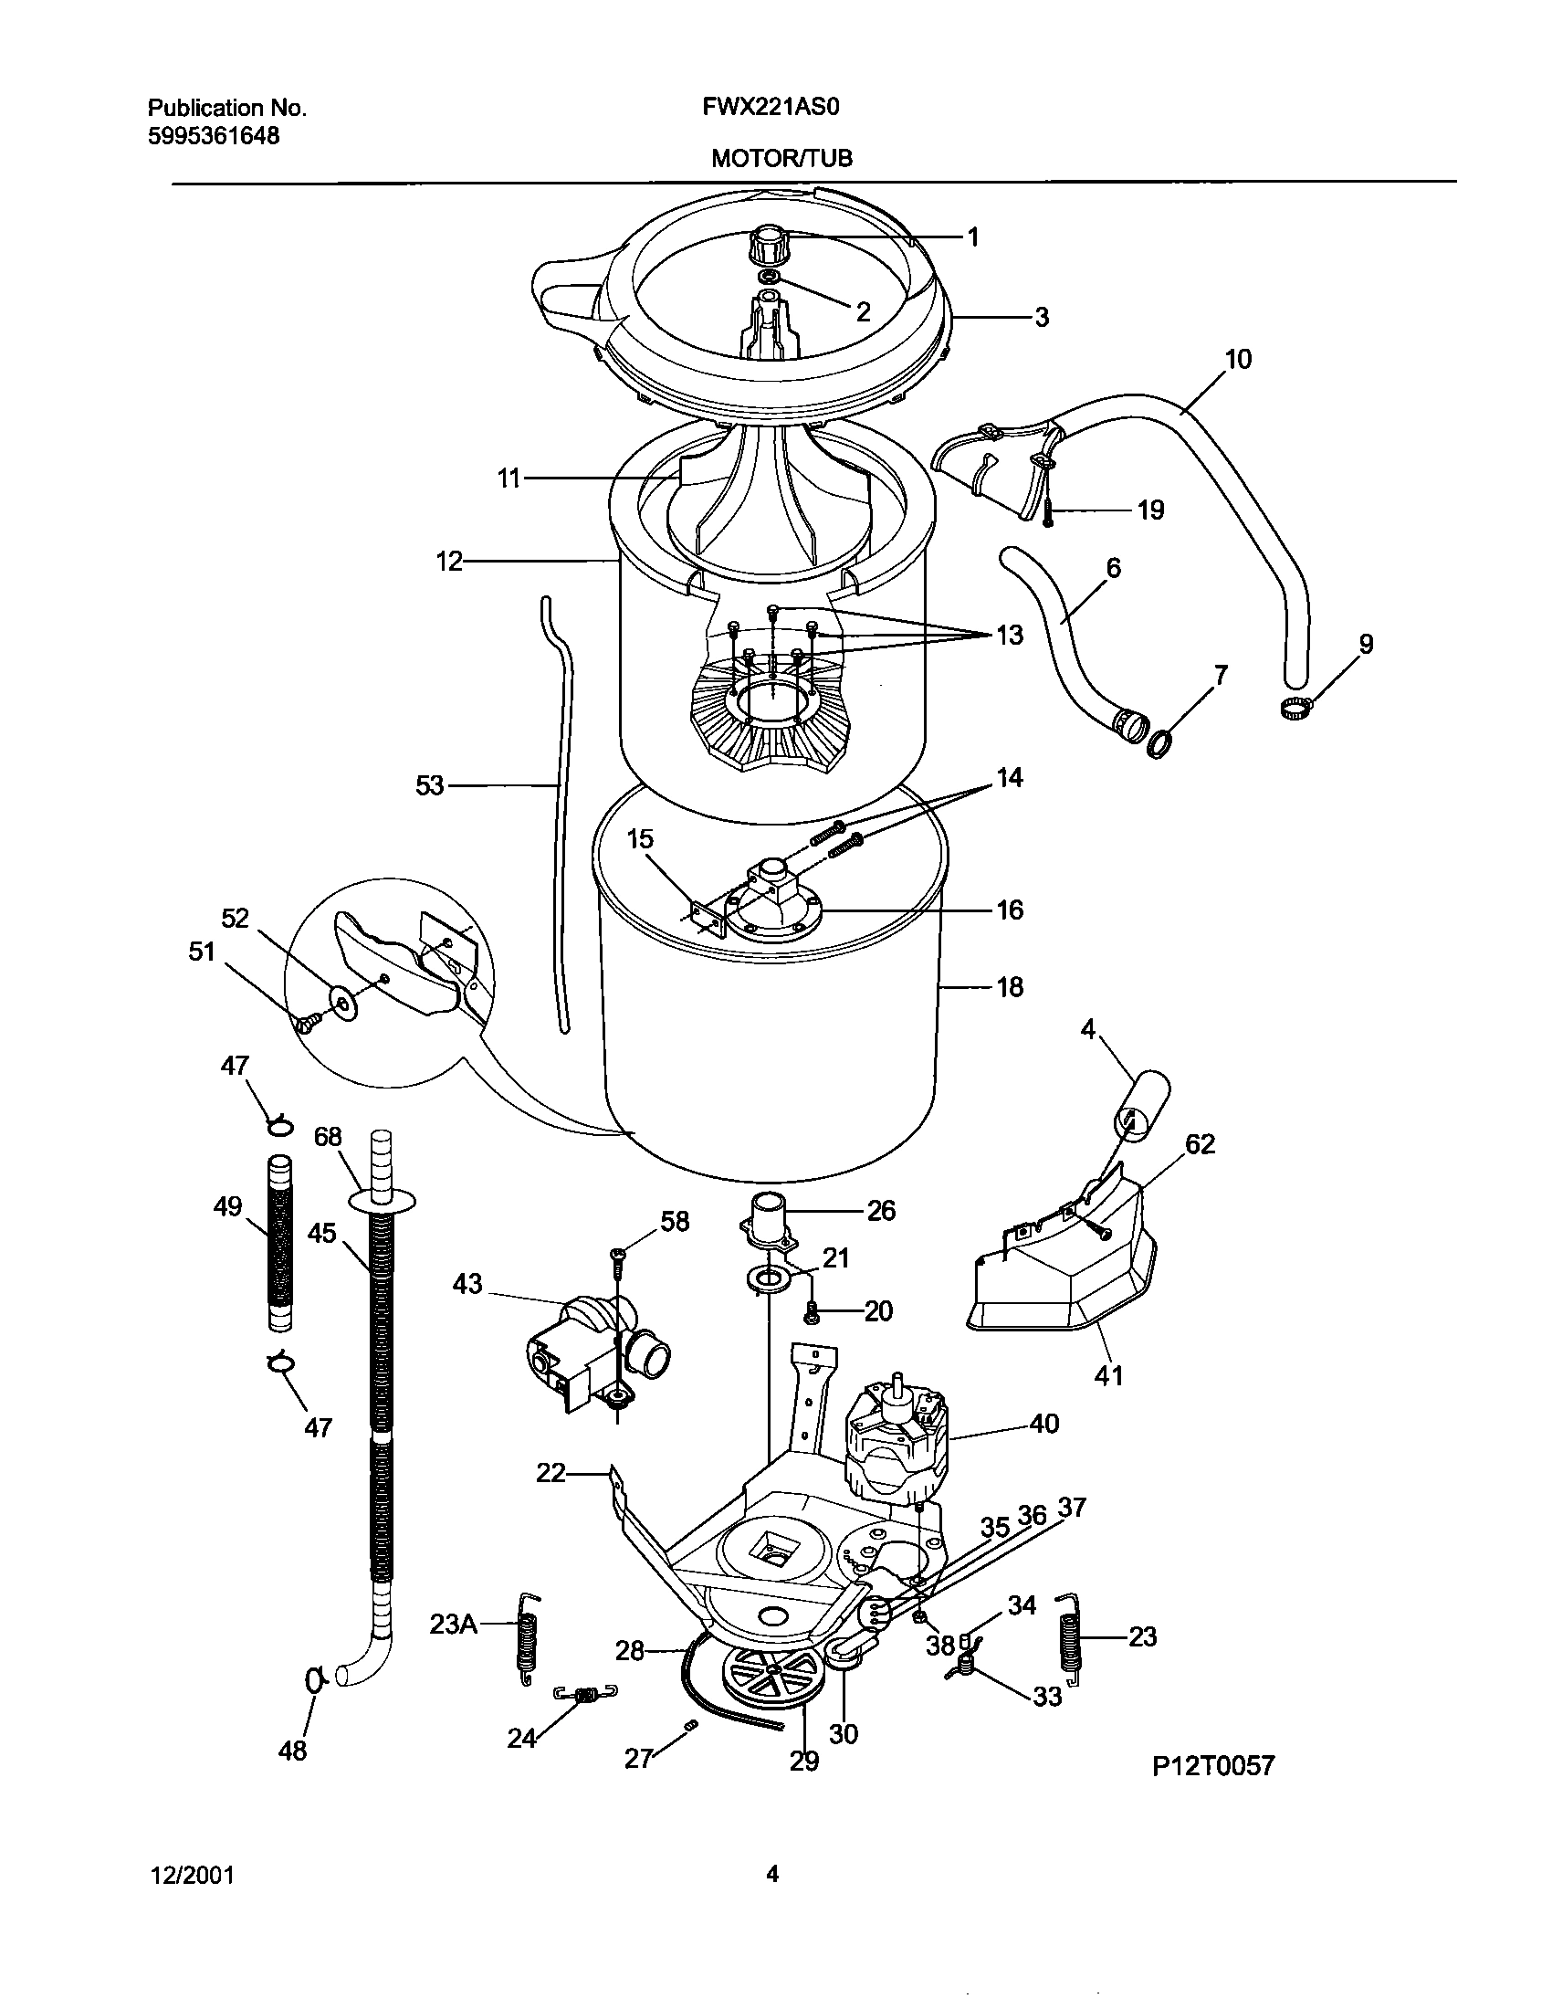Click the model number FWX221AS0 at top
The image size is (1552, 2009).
click(x=771, y=108)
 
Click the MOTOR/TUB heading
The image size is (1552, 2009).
click(x=781, y=159)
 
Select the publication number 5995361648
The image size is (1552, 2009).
click(x=214, y=137)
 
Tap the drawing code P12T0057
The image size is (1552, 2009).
click(x=1213, y=1765)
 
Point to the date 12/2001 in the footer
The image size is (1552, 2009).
click(x=191, y=1875)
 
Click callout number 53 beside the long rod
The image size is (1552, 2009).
click(x=429, y=785)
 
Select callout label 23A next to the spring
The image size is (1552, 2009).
click(x=454, y=1625)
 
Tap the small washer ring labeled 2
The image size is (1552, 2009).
click(x=770, y=277)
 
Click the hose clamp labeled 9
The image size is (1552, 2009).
click(x=1294, y=708)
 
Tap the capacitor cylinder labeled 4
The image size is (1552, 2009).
click(x=1144, y=1100)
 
